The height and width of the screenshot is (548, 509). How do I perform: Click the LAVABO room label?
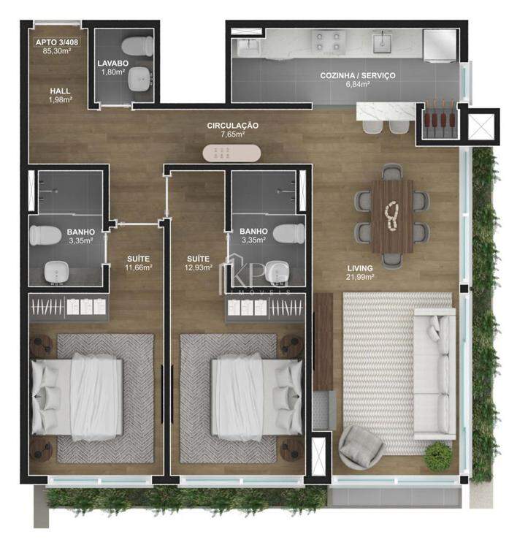(x=112, y=64)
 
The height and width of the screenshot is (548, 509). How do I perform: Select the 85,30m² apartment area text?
(x=56, y=51)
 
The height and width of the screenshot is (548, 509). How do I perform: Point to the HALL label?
(x=60, y=91)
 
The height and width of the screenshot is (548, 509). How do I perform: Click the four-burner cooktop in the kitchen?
(x=328, y=41)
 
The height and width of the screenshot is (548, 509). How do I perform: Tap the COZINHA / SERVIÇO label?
(x=357, y=75)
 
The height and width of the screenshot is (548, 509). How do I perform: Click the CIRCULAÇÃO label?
(x=233, y=126)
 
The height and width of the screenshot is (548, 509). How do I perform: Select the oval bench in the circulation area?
(x=231, y=153)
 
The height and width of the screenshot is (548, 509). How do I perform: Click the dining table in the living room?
(x=392, y=216)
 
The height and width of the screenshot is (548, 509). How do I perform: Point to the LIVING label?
(x=360, y=268)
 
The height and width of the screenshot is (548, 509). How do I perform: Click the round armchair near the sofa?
(x=361, y=447)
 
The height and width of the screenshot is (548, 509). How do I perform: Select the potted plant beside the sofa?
(x=437, y=454)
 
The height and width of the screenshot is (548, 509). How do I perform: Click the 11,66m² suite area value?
(x=138, y=267)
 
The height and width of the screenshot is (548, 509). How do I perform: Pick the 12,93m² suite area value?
(x=198, y=267)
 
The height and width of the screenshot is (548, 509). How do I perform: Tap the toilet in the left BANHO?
(x=45, y=235)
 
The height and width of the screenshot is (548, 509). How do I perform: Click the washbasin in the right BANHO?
(x=277, y=272)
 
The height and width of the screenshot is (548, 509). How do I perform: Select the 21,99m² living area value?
(x=360, y=277)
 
